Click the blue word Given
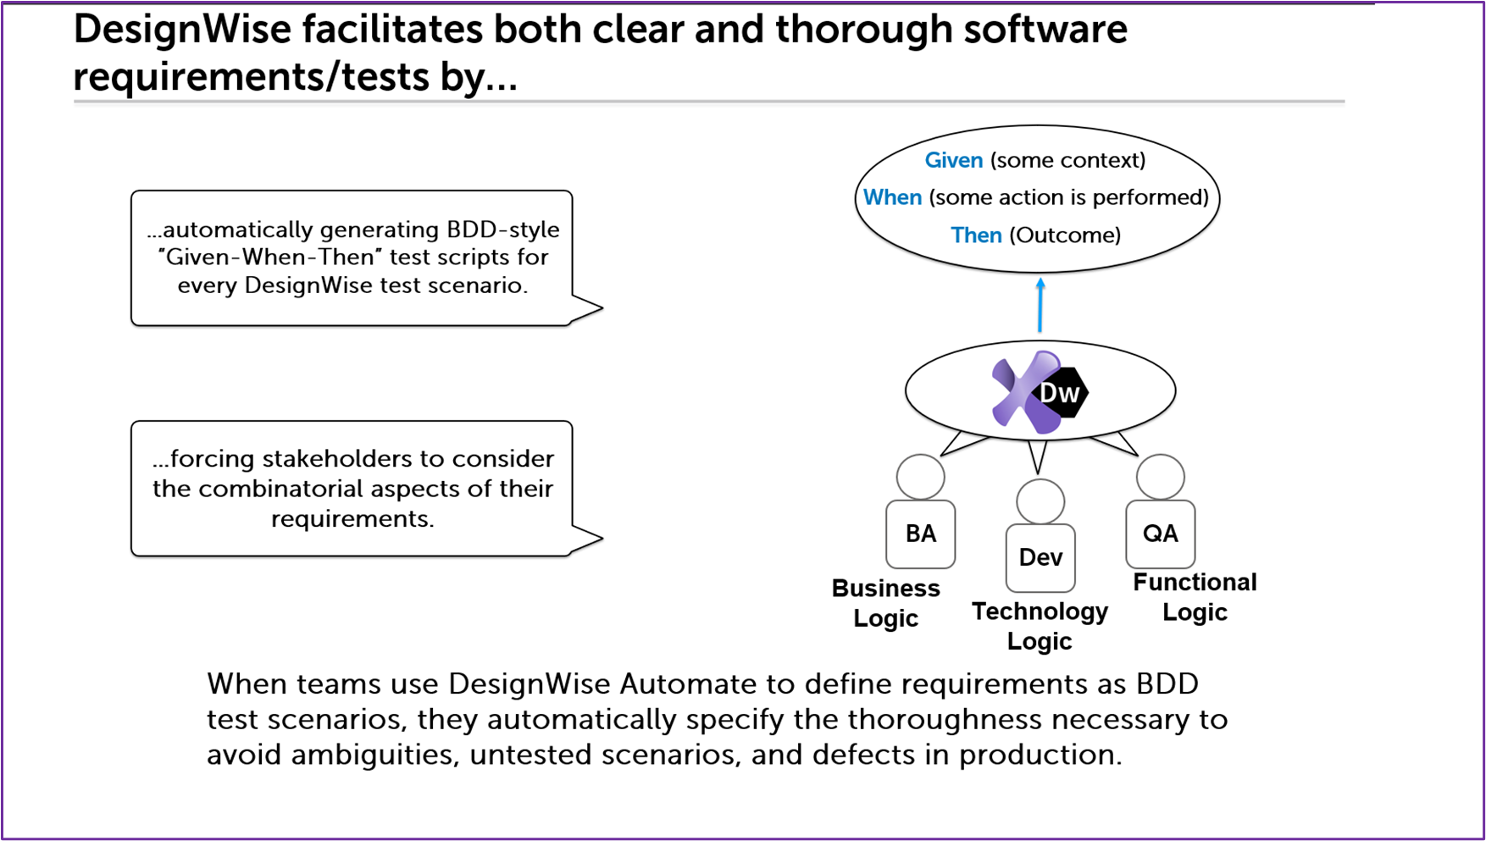(954, 160)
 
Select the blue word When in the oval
(892, 197)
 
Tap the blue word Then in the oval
(976, 235)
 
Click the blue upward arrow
(1040, 305)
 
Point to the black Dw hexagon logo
(1062, 392)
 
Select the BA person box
(920, 534)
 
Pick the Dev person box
(1040, 557)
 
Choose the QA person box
(1161, 534)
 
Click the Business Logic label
(886, 603)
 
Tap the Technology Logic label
(1040, 626)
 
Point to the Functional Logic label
(1195, 597)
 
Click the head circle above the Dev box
(1040, 502)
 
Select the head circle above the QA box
(1161, 478)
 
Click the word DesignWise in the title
(182, 30)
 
